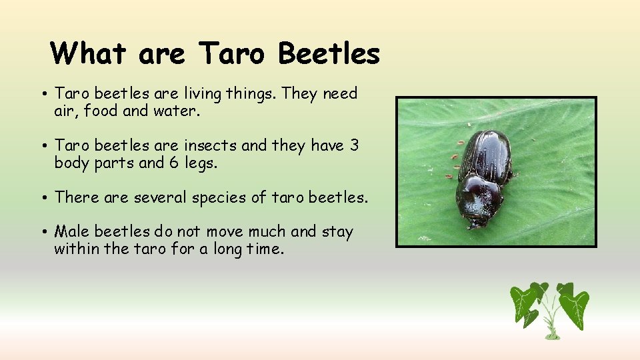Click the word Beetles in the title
329,53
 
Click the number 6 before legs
173,163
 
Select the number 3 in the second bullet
354,145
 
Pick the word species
226,198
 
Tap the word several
159,197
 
